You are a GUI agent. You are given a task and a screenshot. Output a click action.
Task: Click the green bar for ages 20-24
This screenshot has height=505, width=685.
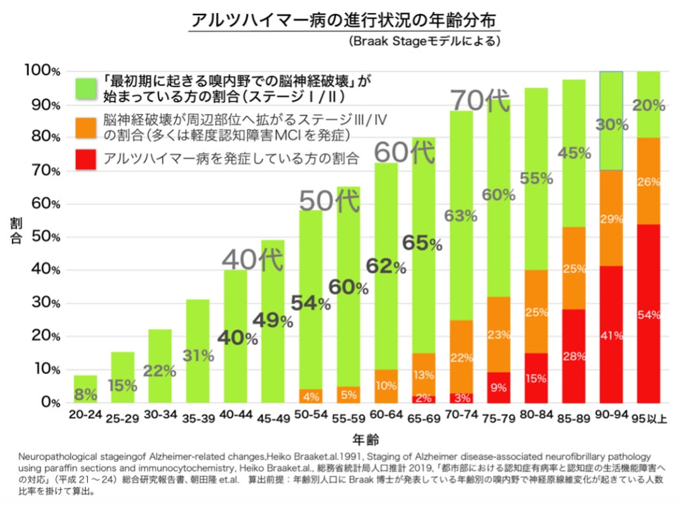86,389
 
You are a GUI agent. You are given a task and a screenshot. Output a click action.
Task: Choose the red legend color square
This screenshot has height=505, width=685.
86,158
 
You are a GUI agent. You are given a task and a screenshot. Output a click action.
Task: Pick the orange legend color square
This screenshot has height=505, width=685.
86,126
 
